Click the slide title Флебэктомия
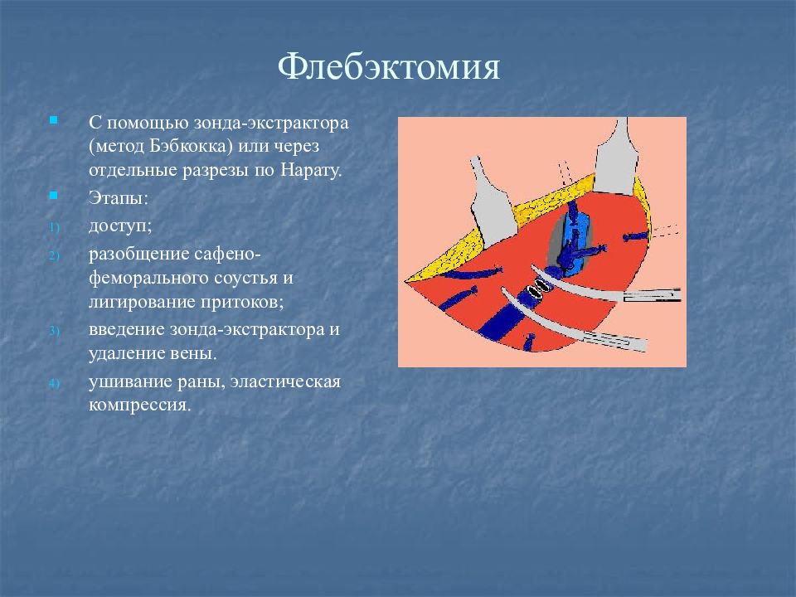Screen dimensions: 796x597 [389, 66]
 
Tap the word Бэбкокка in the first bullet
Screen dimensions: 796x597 [192, 146]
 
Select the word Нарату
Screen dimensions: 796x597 [311, 170]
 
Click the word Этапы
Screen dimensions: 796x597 [119, 197]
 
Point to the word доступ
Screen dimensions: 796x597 [119, 226]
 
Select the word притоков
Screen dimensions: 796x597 [241, 302]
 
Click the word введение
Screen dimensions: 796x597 [126, 329]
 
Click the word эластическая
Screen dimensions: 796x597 [285, 381]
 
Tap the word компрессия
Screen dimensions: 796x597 [139, 405]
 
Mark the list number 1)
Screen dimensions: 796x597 [55, 227]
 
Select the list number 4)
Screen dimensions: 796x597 [55, 383]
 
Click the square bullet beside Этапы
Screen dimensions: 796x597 [53, 196]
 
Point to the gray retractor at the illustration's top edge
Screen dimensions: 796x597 [616, 158]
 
